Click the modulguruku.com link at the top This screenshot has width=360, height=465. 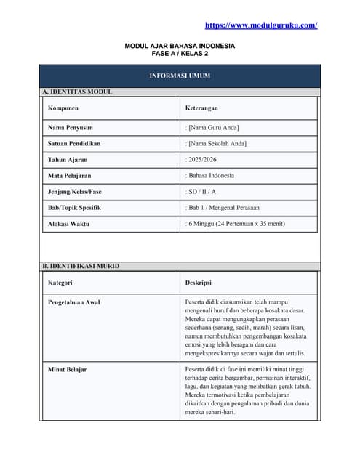(x=261, y=25)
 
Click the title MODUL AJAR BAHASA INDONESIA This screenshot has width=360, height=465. (x=180, y=46)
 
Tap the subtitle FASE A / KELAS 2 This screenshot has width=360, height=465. (x=180, y=54)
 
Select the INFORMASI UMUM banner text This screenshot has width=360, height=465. (x=180, y=76)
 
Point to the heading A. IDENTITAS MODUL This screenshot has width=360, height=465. (x=77, y=92)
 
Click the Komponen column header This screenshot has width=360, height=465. (x=63, y=108)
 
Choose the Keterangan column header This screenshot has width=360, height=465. (x=204, y=108)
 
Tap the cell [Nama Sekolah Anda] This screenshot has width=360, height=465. (x=217, y=143)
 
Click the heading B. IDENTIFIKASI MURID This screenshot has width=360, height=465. (x=81, y=266)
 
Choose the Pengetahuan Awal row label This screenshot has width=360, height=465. (x=74, y=302)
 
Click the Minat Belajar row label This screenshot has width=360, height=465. (x=67, y=369)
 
